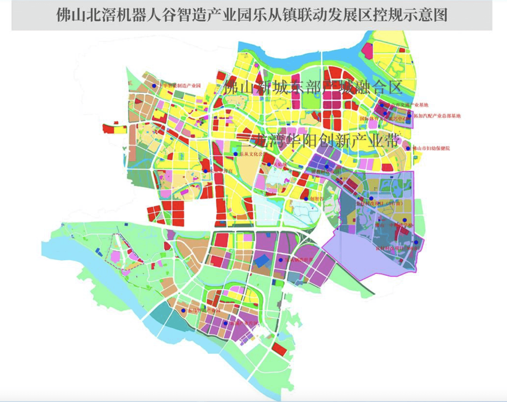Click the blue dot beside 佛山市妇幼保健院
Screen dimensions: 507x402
(x=408, y=148)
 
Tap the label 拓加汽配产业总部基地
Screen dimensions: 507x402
(x=437, y=116)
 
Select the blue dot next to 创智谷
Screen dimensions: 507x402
(x=306, y=199)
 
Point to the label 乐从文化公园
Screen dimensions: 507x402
(x=251, y=154)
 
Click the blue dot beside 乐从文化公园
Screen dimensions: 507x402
(x=236, y=154)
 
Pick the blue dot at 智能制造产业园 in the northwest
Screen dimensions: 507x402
(x=154, y=86)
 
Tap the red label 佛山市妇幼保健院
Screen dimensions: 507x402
(x=431, y=148)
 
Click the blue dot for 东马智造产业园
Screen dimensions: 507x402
(x=183, y=310)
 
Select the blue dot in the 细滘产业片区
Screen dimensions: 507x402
(x=226, y=323)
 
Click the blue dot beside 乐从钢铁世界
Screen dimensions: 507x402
(x=281, y=260)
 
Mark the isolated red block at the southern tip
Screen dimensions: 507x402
(x=279, y=349)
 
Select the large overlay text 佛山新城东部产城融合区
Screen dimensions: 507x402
(x=313, y=87)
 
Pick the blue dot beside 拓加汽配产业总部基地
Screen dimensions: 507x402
(x=409, y=116)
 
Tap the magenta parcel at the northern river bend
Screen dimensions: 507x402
(x=367, y=50)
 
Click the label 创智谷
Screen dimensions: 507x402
(x=317, y=199)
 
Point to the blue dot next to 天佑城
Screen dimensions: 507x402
(x=269, y=165)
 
